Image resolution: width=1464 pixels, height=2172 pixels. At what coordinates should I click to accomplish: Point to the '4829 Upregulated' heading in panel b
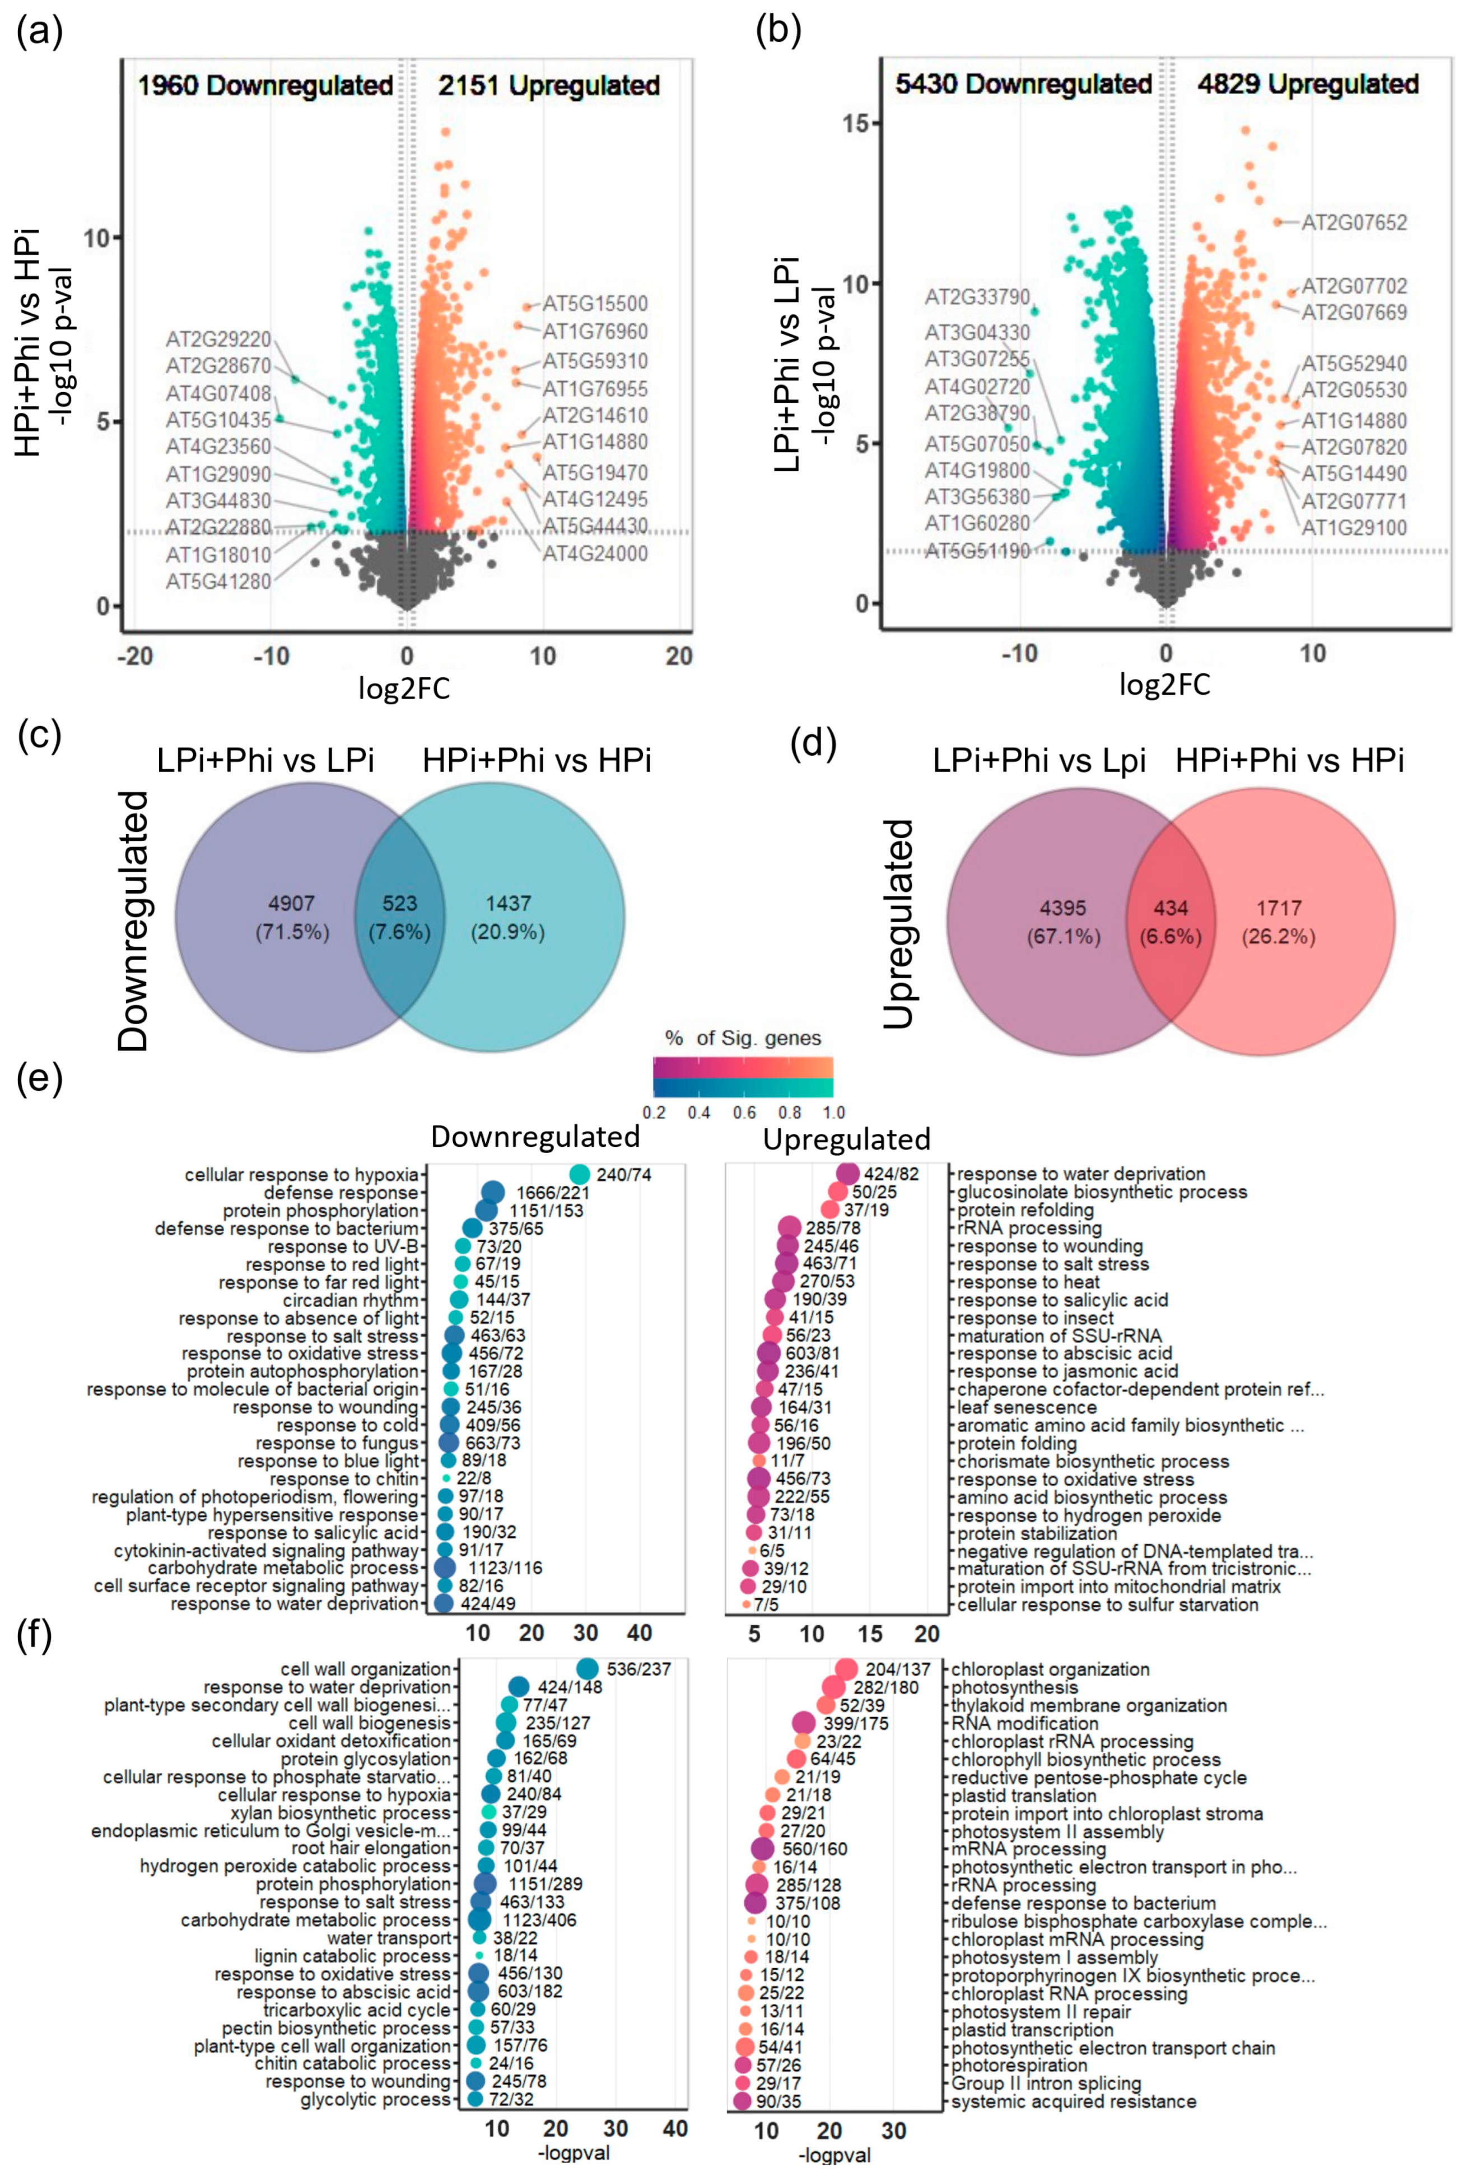1307,84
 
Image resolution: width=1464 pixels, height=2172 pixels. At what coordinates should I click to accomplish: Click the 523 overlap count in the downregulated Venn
400,904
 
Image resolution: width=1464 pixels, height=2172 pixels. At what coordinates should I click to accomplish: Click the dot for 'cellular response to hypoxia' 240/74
579,1174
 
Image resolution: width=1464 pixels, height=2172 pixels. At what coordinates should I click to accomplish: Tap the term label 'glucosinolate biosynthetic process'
1102,1193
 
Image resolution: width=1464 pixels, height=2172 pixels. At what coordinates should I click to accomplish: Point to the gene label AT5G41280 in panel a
218,582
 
